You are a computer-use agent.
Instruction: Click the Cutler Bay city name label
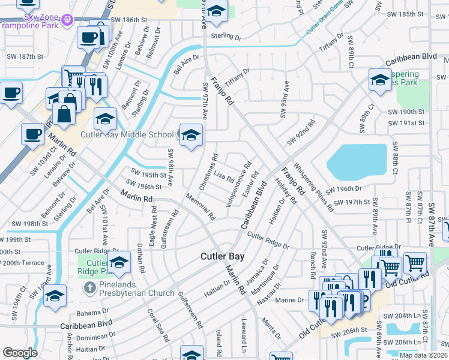(x=221, y=256)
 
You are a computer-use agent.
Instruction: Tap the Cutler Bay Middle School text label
(x=127, y=134)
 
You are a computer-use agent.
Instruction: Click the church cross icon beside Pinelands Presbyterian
(x=90, y=288)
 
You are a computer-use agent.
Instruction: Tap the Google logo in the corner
(x=20, y=353)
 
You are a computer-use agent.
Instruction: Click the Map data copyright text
(x=423, y=355)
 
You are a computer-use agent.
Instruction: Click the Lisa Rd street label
(x=223, y=178)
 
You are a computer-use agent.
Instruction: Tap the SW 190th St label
(x=406, y=112)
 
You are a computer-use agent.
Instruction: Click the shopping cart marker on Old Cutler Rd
(x=415, y=262)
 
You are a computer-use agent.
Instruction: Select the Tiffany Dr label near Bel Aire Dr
(x=237, y=76)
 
